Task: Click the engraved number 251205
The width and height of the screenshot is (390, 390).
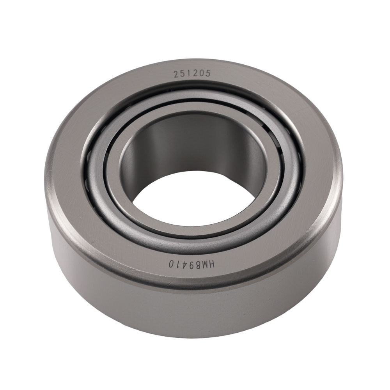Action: coord(192,74)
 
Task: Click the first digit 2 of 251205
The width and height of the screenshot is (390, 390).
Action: coord(176,74)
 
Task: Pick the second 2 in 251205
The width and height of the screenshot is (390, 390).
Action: coord(195,74)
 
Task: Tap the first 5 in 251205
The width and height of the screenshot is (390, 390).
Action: coord(183,74)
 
